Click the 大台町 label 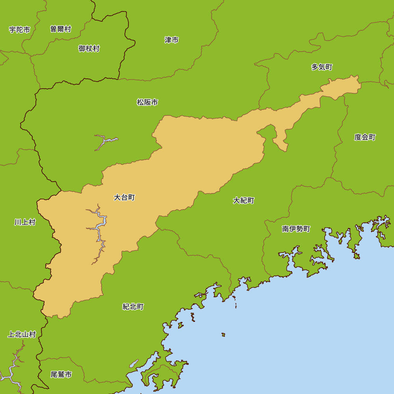(x=124, y=197)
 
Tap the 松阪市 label (x=147, y=102)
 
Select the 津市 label (x=171, y=40)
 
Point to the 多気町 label (x=322, y=67)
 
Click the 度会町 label (x=364, y=137)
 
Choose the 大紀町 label (x=243, y=201)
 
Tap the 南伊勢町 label (x=296, y=229)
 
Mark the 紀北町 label (x=133, y=307)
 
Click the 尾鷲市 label (x=61, y=374)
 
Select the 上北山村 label (x=22, y=335)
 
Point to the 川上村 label (x=25, y=222)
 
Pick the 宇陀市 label (x=20, y=30)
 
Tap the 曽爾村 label (x=60, y=29)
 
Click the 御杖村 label (x=89, y=48)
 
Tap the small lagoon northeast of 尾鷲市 (x=134, y=363)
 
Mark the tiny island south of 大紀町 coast (x=223, y=335)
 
